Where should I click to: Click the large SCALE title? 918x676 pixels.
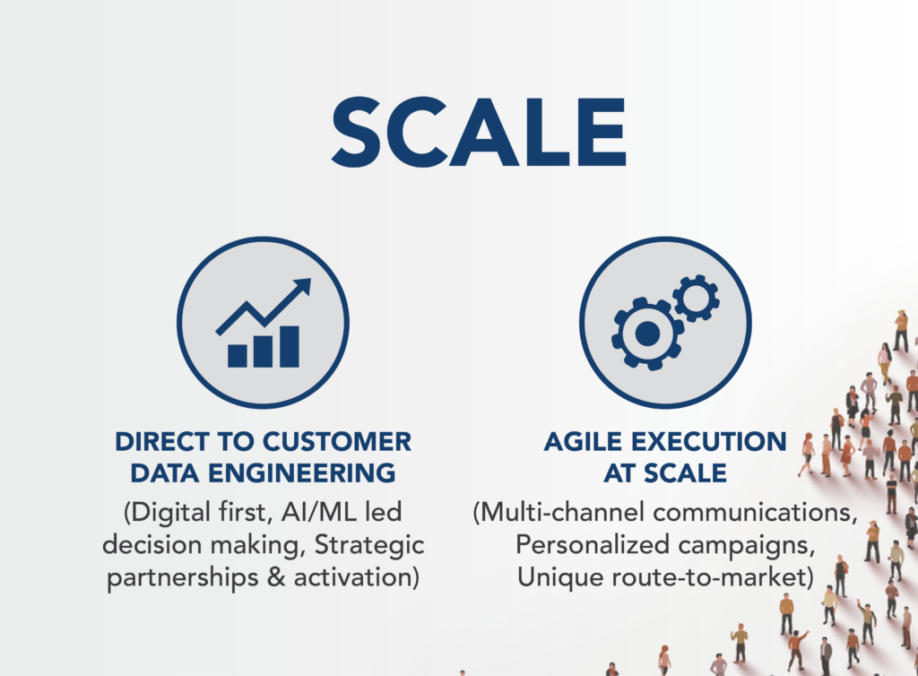click(479, 133)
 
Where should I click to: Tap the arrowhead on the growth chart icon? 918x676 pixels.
click(302, 287)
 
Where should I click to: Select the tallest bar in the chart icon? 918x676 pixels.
click(290, 346)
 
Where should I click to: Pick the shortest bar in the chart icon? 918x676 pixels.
click(237, 356)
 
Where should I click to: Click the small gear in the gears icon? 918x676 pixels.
click(696, 298)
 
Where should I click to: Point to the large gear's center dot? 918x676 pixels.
click(647, 334)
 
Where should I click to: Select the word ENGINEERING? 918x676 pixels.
click(302, 472)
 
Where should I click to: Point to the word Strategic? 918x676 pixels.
click(369, 545)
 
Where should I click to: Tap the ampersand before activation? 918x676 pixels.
click(276, 577)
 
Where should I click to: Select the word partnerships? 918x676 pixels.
click(183, 578)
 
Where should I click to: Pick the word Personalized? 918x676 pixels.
click(593, 545)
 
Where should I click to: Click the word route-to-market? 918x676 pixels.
click(709, 577)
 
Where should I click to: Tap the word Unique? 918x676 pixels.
click(561, 577)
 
